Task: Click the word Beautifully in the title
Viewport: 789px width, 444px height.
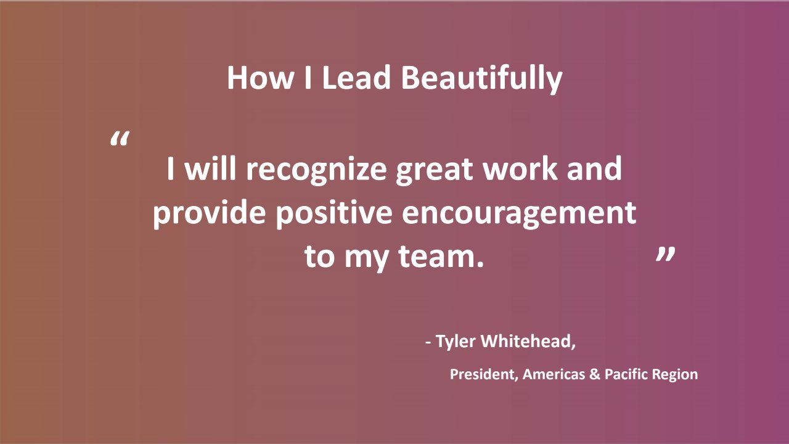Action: point(482,79)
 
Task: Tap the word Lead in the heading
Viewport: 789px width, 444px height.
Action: point(356,78)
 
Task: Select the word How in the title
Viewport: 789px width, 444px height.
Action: point(260,78)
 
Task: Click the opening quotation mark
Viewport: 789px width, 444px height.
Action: point(120,139)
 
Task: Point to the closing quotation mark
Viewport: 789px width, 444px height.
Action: point(666,253)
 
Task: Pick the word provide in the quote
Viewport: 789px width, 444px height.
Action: point(209,213)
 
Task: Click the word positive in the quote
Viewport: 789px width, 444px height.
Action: point(334,213)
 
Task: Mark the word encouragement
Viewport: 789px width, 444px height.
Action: point(519,213)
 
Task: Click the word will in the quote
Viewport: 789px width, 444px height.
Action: point(210,168)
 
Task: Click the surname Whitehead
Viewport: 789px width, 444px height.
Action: point(528,341)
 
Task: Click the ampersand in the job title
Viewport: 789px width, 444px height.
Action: point(595,374)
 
